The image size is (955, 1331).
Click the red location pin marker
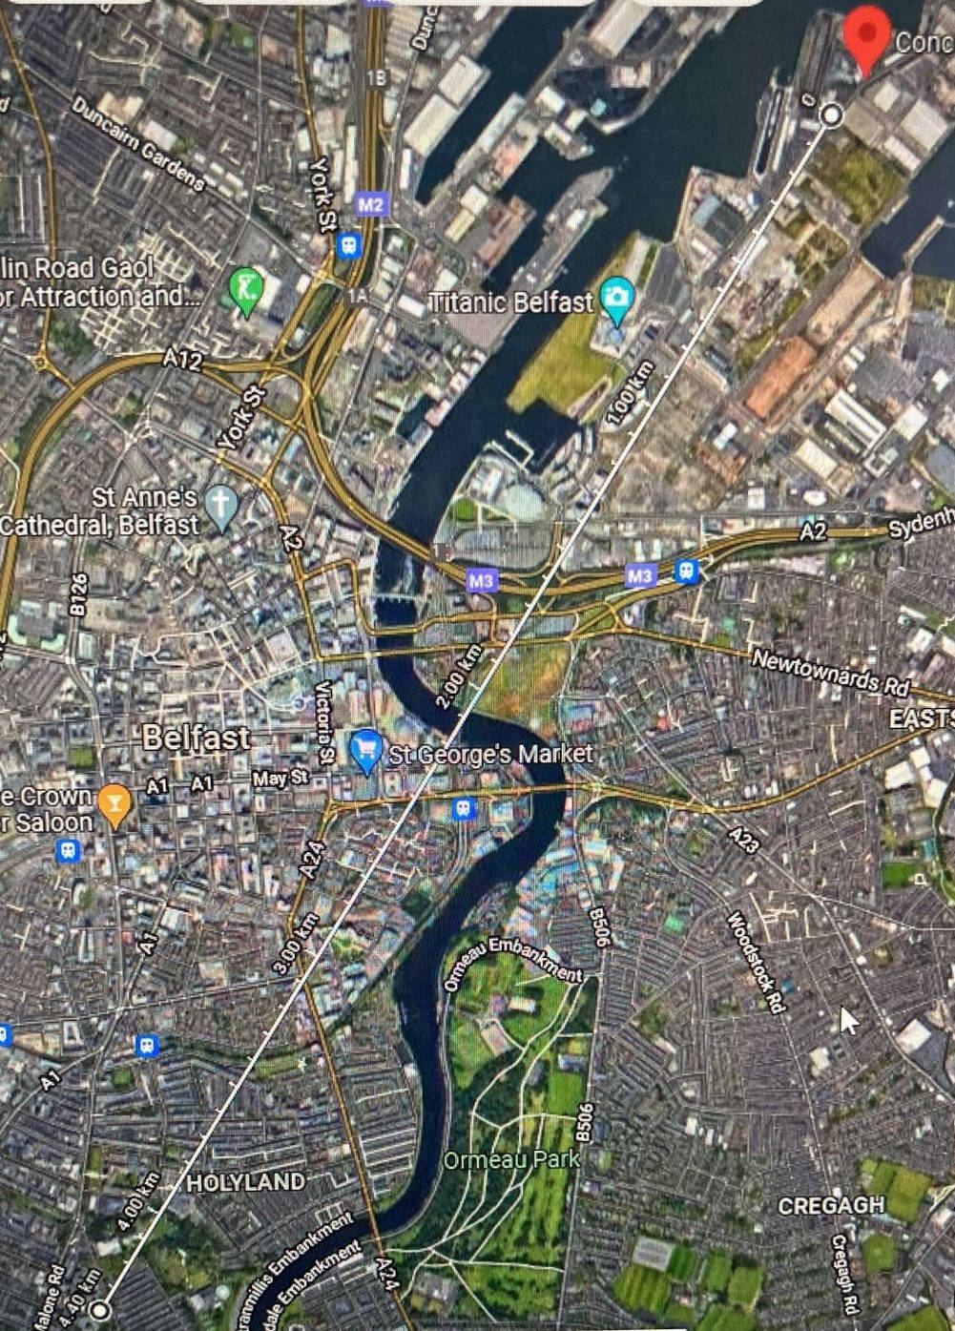click(x=866, y=34)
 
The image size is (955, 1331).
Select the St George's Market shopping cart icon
click(x=366, y=751)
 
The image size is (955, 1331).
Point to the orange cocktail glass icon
click(x=114, y=803)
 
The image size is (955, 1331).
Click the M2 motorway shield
click(x=370, y=204)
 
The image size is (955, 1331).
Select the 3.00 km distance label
click(x=295, y=943)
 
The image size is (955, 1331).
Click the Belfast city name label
click(x=196, y=738)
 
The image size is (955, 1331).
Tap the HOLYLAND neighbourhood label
click(x=245, y=1182)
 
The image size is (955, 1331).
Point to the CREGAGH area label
click(x=831, y=1205)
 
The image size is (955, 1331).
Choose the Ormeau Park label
click(x=512, y=1160)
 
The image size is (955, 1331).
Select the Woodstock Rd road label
click(x=756, y=962)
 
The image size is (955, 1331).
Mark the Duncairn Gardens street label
click(x=137, y=144)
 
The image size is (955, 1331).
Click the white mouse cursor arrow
click(x=848, y=1020)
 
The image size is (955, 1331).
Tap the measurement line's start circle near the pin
click(x=832, y=114)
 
